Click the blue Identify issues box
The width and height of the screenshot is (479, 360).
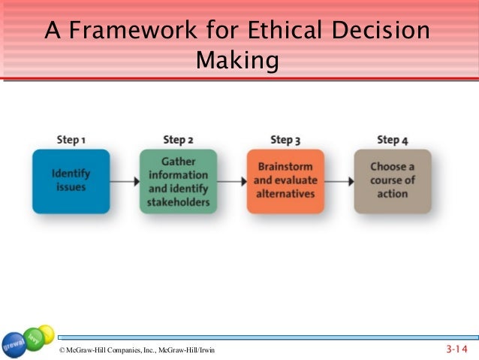(x=71, y=181)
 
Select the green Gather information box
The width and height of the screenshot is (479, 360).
(x=178, y=181)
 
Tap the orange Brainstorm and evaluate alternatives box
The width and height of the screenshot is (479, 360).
(x=285, y=181)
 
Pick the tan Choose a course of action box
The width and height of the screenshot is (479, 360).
(x=393, y=181)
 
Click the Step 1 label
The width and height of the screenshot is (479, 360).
(x=71, y=140)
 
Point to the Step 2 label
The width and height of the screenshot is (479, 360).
(x=178, y=140)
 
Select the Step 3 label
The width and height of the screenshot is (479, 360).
(x=285, y=140)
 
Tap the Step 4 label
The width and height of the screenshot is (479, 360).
(x=393, y=140)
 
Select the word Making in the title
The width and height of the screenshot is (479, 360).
(x=236, y=60)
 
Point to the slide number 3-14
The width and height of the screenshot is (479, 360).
(x=456, y=349)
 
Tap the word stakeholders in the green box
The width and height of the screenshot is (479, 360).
(x=178, y=201)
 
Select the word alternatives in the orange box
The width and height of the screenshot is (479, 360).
(x=285, y=194)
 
